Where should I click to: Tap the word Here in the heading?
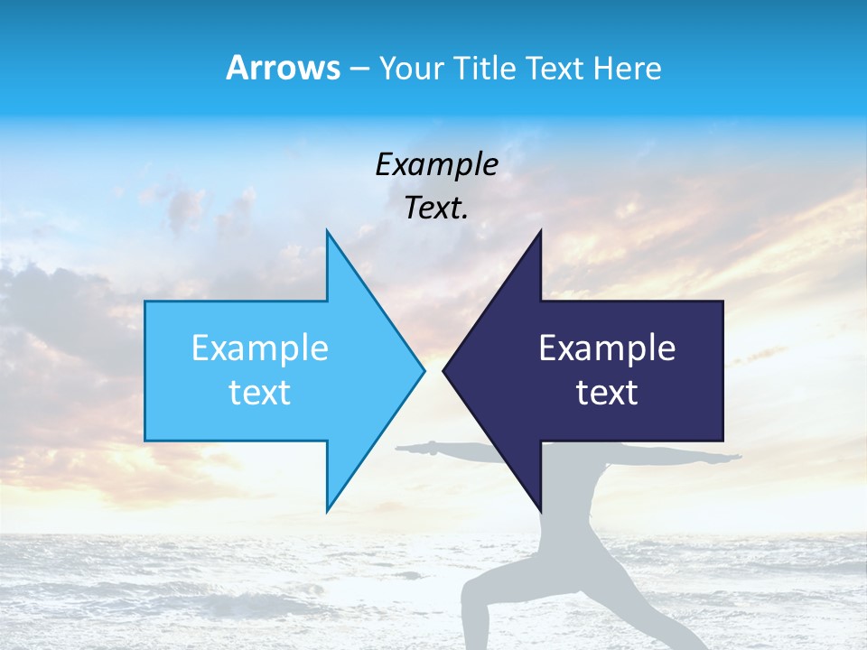[627, 68]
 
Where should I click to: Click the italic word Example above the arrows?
[436, 165]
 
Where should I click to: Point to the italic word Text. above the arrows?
[436, 209]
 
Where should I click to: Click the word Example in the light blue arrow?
[260, 348]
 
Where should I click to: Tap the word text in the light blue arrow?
[260, 393]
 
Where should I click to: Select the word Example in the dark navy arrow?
[607, 348]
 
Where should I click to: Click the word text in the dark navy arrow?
[607, 393]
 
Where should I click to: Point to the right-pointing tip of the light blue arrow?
[423, 370]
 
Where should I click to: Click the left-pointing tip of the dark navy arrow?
[445, 370]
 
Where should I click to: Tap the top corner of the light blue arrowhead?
[328, 232]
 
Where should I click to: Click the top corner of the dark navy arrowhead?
[540, 232]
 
